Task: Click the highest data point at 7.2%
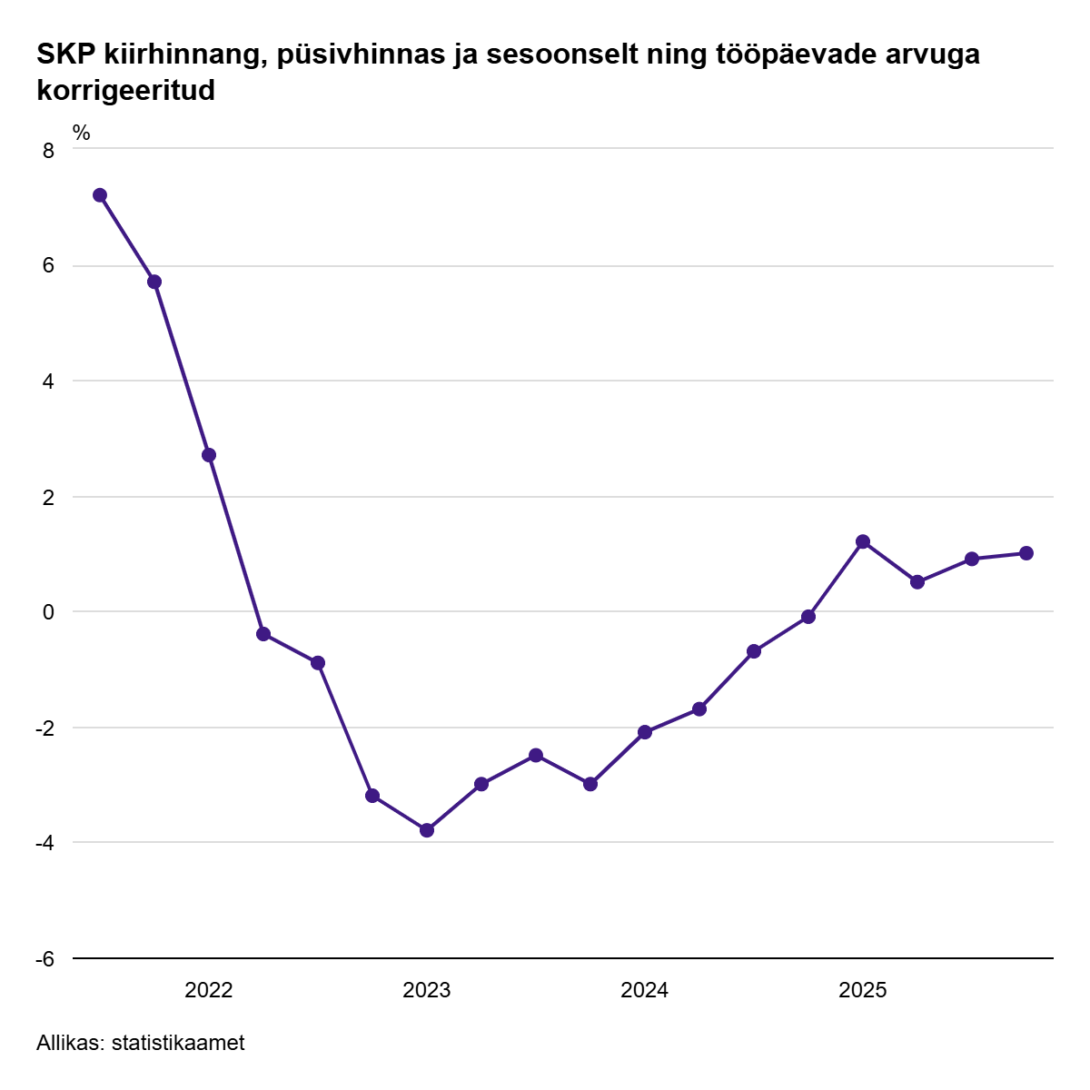pyautogui.click(x=100, y=195)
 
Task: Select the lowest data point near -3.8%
pyautogui.click(x=427, y=829)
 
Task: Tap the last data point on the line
pyautogui.click(x=1026, y=553)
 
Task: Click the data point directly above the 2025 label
pyautogui.click(x=863, y=541)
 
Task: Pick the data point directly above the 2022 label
pyautogui.click(x=209, y=455)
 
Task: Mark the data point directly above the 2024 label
pyautogui.click(x=645, y=732)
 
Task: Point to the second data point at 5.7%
pyautogui.click(x=154, y=282)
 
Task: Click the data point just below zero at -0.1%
pyautogui.click(x=808, y=617)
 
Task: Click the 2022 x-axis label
pyautogui.click(x=209, y=990)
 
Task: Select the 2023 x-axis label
pyautogui.click(x=427, y=990)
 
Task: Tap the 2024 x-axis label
pyautogui.click(x=645, y=990)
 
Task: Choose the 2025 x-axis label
pyautogui.click(x=863, y=990)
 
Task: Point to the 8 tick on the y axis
pyautogui.click(x=49, y=151)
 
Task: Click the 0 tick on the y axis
pyautogui.click(x=49, y=612)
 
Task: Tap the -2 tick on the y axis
pyautogui.click(x=45, y=728)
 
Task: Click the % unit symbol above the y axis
pyautogui.click(x=82, y=134)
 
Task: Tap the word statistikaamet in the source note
pyautogui.click(x=178, y=1043)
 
